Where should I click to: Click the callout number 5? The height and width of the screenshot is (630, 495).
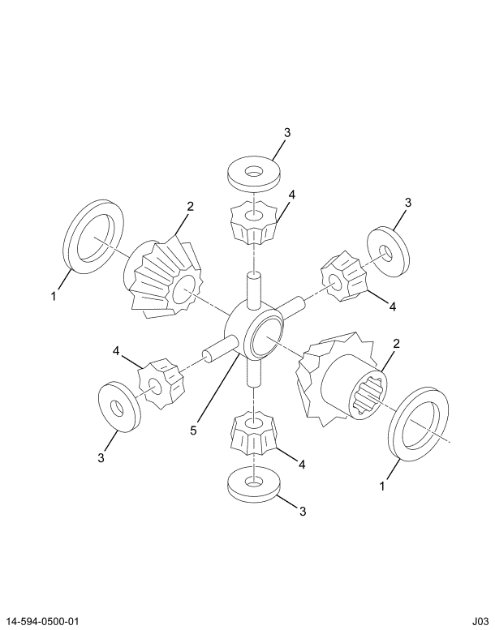pos(193,431)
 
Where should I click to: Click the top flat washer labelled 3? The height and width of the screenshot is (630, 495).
pos(254,173)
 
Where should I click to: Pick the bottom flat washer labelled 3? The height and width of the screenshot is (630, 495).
pos(254,483)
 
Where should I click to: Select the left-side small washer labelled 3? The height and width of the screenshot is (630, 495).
pos(119,403)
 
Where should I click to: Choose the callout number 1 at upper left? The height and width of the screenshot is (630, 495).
pos(54,297)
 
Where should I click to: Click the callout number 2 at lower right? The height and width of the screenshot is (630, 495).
pos(396,344)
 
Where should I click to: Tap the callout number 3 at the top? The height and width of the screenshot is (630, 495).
pos(287,133)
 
